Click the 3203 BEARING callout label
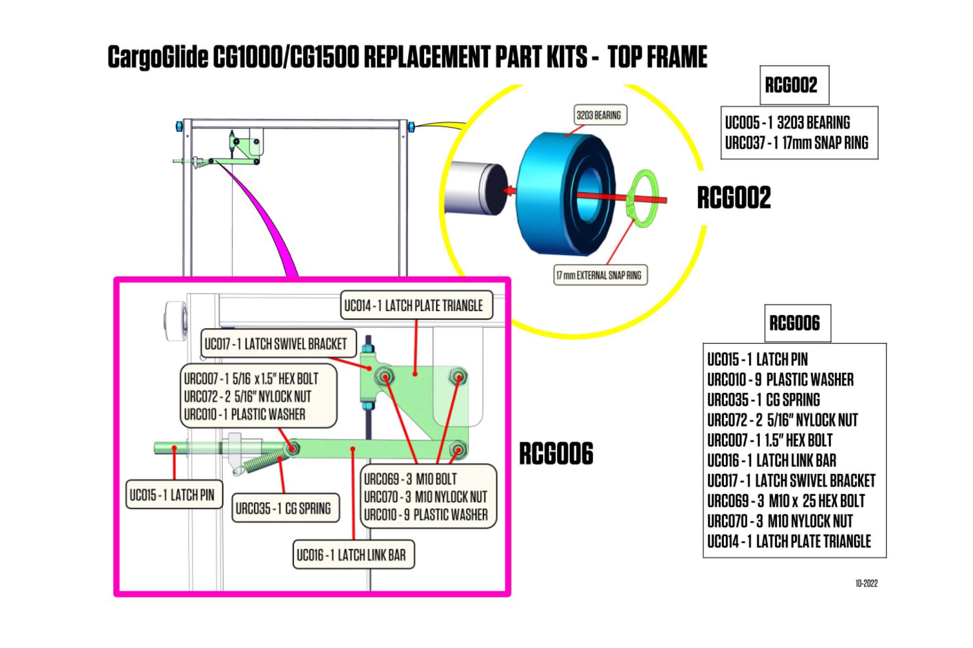coord(598,115)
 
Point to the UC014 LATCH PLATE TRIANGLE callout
coord(416,305)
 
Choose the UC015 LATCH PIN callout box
coord(173,495)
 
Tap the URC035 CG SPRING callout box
coord(284,508)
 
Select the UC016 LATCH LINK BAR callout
coord(352,555)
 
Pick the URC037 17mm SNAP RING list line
coord(796,142)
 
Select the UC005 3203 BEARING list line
coord(787,123)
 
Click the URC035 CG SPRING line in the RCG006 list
coord(763,400)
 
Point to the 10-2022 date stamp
coord(866,583)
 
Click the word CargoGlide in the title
coord(158,57)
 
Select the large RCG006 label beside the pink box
coord(556,454)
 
